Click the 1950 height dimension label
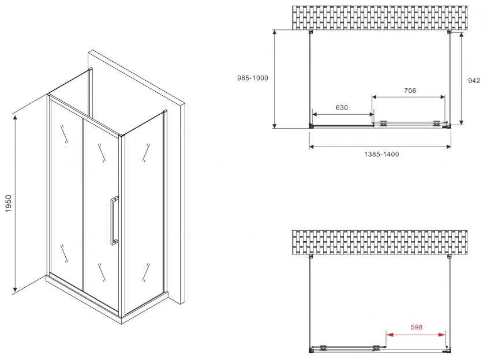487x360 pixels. tap(9, 204)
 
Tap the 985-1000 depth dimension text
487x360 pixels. tap(253, 78)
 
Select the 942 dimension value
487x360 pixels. tap(474, 80)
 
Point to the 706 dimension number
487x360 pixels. tap(410, 91)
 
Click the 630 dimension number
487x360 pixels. tap(342, 107)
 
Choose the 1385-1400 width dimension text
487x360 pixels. tap(381, 154)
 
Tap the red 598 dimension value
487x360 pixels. tap(417, 327)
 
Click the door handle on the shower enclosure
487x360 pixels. tap(114, 221)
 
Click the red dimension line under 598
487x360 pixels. tap(416, 335)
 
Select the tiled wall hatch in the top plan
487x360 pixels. tap(380, 18)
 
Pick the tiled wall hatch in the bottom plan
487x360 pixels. tap(380, 242)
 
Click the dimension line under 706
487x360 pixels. tap(409, 97)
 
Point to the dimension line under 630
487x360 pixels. tap(343, 114)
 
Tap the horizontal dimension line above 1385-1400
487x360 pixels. tap(380, 147)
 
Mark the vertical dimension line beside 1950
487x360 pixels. tap(15, 204)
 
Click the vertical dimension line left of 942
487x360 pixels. tap(462, 78)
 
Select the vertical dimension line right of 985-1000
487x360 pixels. tap(275, 79)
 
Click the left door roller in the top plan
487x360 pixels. tap(384, 123)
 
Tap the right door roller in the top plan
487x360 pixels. tap(437, 123)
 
